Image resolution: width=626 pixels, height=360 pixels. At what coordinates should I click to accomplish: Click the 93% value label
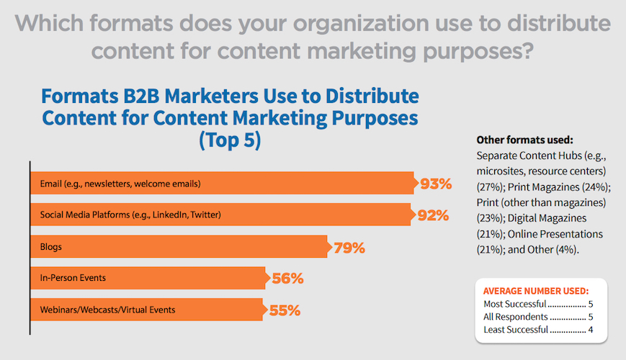click(436, 184)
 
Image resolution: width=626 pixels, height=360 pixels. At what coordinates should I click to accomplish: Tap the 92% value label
click(433, 215)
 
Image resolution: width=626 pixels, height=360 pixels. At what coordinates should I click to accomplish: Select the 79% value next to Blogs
click(349, 248)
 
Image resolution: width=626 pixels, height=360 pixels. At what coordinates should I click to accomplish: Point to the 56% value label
click(286, 278)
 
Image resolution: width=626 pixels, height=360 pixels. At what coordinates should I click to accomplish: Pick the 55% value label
click(284, 310)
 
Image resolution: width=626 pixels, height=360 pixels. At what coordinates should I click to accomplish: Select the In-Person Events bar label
click(68, 278)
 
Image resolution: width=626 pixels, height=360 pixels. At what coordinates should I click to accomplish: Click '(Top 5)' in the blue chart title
click(229, 140)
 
